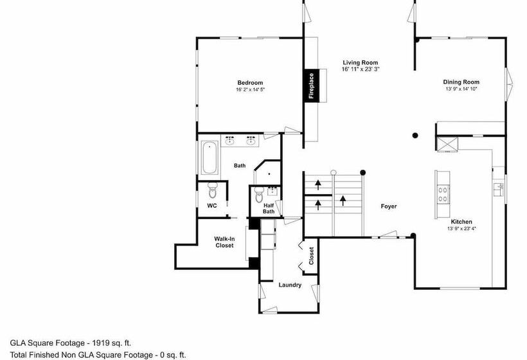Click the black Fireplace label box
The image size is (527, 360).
(311, 85)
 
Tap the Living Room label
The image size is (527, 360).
(361, 62)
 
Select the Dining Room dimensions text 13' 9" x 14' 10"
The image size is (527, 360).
(461, 89)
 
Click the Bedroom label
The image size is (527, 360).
(250, 83)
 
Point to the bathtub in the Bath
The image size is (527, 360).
(210, 157)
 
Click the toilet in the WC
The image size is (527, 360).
(213, 190)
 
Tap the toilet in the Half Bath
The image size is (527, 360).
(259, 194)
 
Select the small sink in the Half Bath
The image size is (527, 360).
(272, 191)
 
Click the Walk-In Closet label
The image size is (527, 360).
(224, 242)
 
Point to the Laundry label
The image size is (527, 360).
(290, 285)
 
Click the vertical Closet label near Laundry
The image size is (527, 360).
(311, 256)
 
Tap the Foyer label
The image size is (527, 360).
(389, 206)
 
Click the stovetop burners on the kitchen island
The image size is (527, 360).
(443, 194)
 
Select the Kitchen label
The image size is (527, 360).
(461, 222)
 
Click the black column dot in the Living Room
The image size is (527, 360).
(415, 136)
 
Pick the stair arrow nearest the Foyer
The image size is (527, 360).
(343, 201)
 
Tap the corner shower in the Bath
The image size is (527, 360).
(268, 172)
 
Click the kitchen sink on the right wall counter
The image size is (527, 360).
(499, 190)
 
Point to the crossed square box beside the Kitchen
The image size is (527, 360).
(447, 144)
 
